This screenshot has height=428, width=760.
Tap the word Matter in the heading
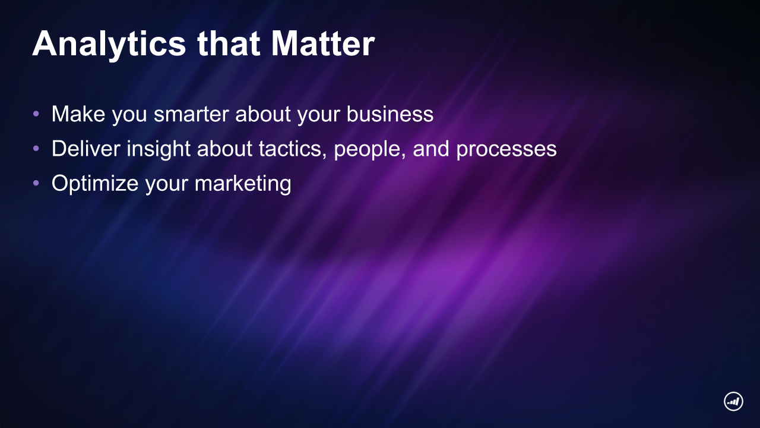tap(322, 43)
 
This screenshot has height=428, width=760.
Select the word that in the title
tap(229, 43)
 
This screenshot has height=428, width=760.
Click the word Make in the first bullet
tap(78, 114)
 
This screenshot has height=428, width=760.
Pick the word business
tap(390, 114)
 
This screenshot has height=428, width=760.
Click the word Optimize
tap(95, 184)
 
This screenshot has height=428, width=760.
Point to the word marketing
tap(243, 184)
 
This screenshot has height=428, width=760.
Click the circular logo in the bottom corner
tap(733, 401)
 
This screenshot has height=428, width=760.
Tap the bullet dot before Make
tap(36, 114)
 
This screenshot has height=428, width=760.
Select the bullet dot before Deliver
tap(36, 149)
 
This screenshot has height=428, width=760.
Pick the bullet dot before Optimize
tap(36, 183)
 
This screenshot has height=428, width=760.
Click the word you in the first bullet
tap(129, 115)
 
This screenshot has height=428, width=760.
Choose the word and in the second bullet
tap(431, 149)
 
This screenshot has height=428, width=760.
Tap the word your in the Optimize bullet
tap(167, 185)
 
